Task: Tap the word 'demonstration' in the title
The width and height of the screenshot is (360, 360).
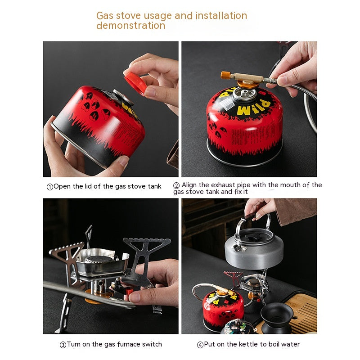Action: [x=131, y=26]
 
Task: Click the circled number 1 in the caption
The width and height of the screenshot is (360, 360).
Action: [x=50, y=187]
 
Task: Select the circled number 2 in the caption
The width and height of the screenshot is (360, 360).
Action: [x=176, y=185]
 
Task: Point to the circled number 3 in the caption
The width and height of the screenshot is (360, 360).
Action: [x=63, y=345]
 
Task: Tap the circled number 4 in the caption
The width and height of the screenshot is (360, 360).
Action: [x=200, y=345]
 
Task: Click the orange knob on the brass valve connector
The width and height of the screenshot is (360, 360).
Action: [x=225, y=75]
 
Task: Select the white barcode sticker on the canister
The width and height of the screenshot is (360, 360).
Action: [x=227, y=104]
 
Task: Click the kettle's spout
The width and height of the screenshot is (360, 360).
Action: [x=237, y=248]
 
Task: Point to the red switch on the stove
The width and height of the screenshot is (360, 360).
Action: [x=129, y=292]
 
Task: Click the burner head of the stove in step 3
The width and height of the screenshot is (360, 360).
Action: [x=99, y=259]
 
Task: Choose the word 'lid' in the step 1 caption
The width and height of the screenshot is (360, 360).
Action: [x=88, y=186]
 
